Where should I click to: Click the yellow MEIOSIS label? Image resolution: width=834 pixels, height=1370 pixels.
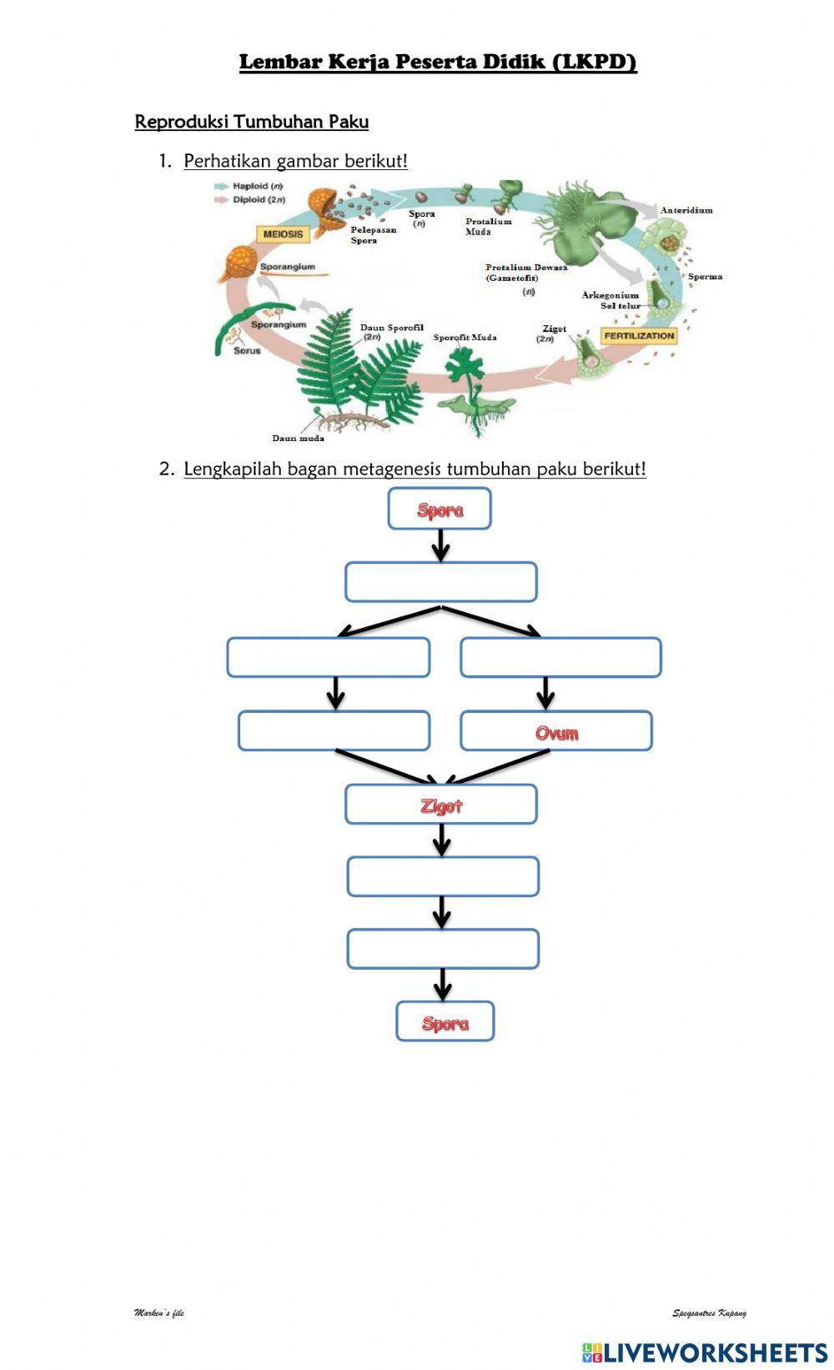(284, 234)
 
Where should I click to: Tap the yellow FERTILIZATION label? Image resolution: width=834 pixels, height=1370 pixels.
(639, 336)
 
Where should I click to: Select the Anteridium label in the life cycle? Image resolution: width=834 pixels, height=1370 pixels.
(686, 211)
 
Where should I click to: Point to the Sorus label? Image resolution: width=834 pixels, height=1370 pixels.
(247, 351)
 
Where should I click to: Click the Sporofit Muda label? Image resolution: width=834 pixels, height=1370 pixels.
(465, 338)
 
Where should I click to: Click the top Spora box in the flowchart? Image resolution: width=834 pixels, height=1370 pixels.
(440, 509)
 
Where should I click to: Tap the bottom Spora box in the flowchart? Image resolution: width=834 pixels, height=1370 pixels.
(445, 1022)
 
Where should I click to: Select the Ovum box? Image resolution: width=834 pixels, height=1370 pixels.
(555, 732)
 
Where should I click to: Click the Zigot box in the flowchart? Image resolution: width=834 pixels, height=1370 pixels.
(441, 805)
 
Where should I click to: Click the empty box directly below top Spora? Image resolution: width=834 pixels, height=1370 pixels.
(440, 582)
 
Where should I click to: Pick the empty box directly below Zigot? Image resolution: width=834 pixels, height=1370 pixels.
(443, 877)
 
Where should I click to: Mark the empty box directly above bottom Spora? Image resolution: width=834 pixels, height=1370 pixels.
(443, 950)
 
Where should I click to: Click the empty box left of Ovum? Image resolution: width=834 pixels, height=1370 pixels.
(334, 731)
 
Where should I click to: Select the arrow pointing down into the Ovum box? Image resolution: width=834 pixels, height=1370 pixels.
(545, 693)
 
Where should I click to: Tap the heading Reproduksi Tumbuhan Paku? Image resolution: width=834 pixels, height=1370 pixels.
(252, 122)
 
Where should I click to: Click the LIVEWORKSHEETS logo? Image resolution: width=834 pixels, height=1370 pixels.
(704, 1352)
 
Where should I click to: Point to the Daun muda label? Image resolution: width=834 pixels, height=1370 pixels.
(298, 438)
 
